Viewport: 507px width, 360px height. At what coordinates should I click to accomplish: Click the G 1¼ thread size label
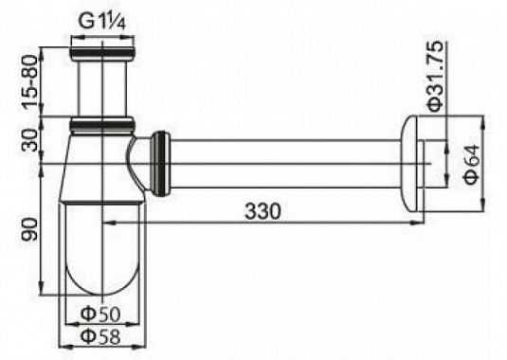[x=101, y=23]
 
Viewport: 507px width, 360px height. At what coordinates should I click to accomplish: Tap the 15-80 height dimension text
[x=30, y=81]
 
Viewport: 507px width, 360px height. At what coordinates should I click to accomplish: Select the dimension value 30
[x=30, y=140]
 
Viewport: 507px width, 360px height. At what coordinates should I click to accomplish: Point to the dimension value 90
[x=30, y=229]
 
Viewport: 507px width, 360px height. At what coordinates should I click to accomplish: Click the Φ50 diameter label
[x=100, y=314]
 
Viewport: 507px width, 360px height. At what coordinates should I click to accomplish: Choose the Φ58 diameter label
[x=100, y=336]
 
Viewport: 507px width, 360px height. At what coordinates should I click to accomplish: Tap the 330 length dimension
[x=263, y=211]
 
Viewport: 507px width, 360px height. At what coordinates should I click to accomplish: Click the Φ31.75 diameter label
[x=436, y=77]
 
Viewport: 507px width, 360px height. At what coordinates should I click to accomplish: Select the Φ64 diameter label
[x=472, y=164]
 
